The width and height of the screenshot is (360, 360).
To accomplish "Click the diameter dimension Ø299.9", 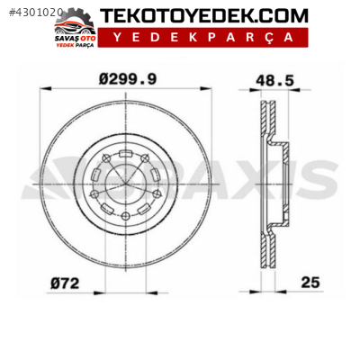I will (x=128, y=79).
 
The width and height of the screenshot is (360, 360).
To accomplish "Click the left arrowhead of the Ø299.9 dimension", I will (x=46, y=89).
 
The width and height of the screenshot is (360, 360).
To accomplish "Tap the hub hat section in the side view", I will (x=286, y=184).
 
